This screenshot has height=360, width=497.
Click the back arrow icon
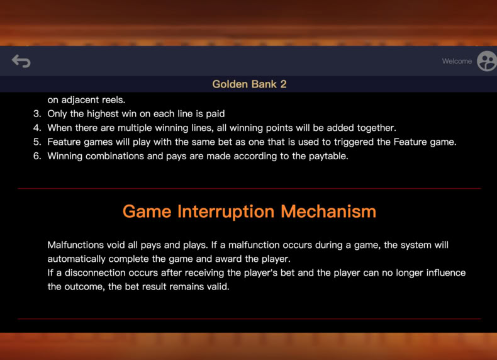coord(21,61)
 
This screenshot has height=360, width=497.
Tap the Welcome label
coord(457,61)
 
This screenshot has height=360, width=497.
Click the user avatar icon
coord(487,61)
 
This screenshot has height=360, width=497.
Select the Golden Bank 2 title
coord(249,84)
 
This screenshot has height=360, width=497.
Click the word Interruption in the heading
coord(226,211)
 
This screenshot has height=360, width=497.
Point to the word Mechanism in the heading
coord(328,211)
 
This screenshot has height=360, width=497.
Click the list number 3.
coord(37,114)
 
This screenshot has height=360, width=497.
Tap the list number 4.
coord(37,128)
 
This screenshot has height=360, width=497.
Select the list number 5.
coord(37,142)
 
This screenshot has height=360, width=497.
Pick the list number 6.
coord(37,156)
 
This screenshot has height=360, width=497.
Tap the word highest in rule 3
coord(104,114)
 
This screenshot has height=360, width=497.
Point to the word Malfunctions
coord(75,245)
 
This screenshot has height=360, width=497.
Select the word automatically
coord(76,259)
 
